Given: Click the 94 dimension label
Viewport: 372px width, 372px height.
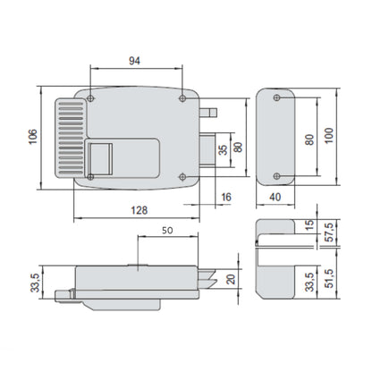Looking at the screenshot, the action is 134,61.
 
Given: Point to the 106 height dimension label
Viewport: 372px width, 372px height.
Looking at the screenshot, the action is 33,137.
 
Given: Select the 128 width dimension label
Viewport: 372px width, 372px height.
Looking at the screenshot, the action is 139,210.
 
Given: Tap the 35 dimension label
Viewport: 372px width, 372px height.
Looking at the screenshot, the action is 223,150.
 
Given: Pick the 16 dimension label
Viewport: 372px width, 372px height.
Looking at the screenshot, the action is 226,197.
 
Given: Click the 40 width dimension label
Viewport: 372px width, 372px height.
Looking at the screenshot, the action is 275,197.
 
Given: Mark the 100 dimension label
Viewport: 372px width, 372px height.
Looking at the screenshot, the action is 328,136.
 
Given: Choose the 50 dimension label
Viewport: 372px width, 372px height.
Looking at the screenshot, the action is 167,231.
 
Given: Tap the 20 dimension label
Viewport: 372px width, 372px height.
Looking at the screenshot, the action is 231,279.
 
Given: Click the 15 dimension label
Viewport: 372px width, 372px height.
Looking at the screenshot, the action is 309,224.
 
